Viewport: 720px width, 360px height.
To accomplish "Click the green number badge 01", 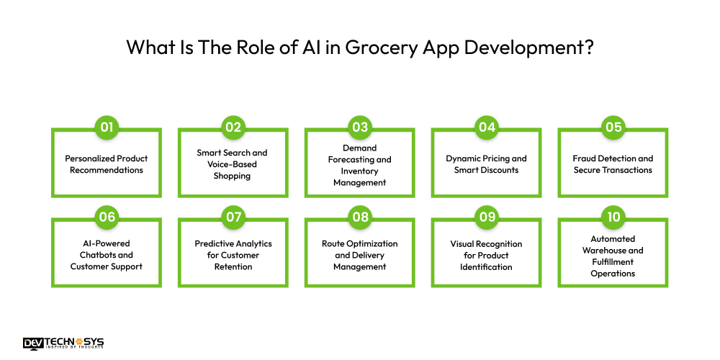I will [107, 128].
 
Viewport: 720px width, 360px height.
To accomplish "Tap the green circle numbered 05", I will [613, 128].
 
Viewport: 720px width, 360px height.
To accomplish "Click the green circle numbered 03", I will [360, 128].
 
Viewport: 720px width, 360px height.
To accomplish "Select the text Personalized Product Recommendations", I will [107, 164].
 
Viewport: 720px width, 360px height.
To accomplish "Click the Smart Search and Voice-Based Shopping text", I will [233, 164].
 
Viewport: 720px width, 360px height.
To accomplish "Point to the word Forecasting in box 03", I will [360, 159].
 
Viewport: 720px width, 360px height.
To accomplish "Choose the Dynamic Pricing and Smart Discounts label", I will [486, 164].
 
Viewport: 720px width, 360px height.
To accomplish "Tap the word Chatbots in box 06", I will [107, 255].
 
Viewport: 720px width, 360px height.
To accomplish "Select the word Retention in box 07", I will [233, 266].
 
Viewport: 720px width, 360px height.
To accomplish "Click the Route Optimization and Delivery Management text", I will [360, 255].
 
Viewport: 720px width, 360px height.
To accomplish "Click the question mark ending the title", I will [589, 48].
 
